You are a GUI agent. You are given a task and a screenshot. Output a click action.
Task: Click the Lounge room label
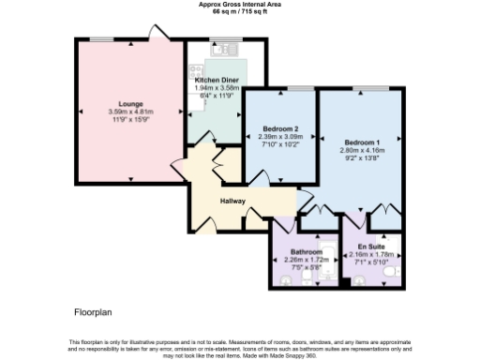click(130, 103)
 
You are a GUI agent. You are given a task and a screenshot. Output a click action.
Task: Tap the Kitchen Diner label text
click(215, 81)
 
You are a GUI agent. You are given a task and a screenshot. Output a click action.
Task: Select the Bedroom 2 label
click(278, 128)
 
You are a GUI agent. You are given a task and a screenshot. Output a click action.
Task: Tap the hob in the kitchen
click(197, 70)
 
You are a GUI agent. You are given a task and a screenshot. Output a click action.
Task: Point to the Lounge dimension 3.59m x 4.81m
click(130, 112)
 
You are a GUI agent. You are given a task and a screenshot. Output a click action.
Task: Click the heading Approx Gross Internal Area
click(240, 5)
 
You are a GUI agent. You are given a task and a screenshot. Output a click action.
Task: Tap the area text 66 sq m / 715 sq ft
click(240, 11)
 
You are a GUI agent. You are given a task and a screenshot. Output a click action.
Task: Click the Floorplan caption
click(96, 310)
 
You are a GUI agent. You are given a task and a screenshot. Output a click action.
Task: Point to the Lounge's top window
click(101, 38)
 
